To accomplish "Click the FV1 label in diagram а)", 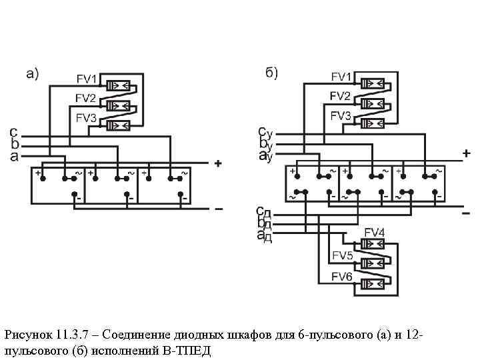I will click(87, 80).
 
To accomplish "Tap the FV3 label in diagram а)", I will click(87, 118).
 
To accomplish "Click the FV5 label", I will click(341, 255).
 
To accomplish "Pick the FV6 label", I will click(341, 277).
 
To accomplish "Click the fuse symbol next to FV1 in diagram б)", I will click(371, 84).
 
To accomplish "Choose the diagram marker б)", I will click(271, 73).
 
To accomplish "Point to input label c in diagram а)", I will click(13, 132).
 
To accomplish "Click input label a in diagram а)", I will click(13, 156).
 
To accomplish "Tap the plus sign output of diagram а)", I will click(217, 163).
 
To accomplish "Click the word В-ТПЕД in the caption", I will click(189, 351).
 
